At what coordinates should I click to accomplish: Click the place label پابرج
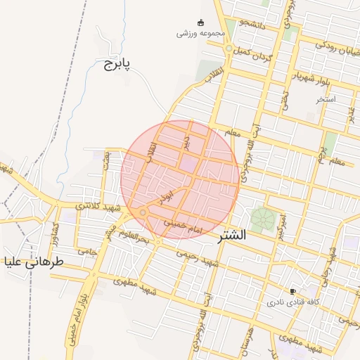[x=117, y=65]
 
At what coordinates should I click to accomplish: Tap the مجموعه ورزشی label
[x=200, y=33]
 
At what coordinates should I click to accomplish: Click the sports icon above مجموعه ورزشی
[x=200, y=22]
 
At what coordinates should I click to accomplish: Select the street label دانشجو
[x=252, y=23]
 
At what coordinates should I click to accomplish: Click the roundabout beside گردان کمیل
[x=229, y=49]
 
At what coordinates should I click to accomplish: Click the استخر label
[x=326, y=99]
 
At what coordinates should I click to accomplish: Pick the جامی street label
[x=86, y=250]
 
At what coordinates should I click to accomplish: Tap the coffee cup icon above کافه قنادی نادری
[x=292, y=291]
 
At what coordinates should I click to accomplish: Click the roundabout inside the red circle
[x=143, y=212]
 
